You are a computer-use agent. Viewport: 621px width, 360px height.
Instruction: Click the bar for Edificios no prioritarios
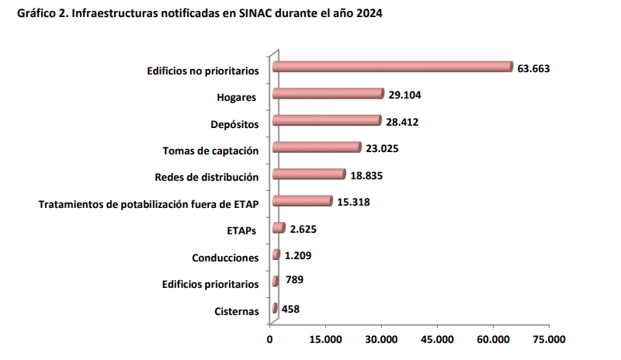pos(392,67)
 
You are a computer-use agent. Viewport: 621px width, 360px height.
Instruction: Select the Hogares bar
pos(328,94)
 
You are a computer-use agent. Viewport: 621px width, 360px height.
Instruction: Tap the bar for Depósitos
pos(327,121)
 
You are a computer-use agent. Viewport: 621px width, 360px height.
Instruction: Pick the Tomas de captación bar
pos(317,147)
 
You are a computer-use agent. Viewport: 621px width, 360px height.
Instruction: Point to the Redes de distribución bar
pos(309,175)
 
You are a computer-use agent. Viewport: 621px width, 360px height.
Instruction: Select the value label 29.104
pos(404,95)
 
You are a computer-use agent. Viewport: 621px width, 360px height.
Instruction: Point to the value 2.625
pos(303,229)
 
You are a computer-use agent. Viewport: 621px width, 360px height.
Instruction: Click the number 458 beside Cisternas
pos(290,309)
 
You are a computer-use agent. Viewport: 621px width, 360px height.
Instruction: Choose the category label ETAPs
pos(242,230)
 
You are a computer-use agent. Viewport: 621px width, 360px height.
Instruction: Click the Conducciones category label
pos(225,258)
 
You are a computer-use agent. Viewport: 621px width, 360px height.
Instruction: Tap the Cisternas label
pos(236,311)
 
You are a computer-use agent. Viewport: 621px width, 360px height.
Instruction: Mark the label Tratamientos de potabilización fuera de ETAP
pos(148,204)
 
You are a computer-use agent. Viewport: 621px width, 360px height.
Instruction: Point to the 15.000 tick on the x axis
pos(326,339)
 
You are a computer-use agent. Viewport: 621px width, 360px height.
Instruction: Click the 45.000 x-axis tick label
pos(437,339)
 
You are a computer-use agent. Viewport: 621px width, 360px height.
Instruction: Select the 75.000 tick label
pos(549,339)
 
